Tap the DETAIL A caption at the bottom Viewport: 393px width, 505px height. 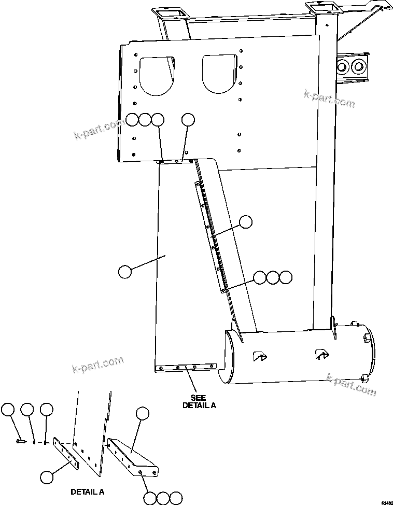point(87,490)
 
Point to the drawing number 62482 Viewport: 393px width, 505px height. point(387,502)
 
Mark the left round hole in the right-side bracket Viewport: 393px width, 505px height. point(343,66)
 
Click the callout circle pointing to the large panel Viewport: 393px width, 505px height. point(124,271)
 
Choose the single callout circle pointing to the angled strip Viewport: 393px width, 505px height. point(246,222)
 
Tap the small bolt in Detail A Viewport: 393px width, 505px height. point(20,441)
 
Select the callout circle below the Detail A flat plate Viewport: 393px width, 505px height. point(47,476)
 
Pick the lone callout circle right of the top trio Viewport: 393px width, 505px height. point(188,120)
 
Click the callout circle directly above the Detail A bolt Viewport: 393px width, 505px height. point(8,410)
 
